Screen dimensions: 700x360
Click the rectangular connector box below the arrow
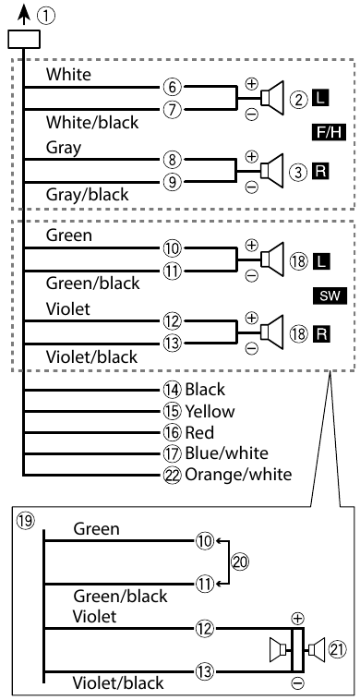(x=23, y=39)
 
